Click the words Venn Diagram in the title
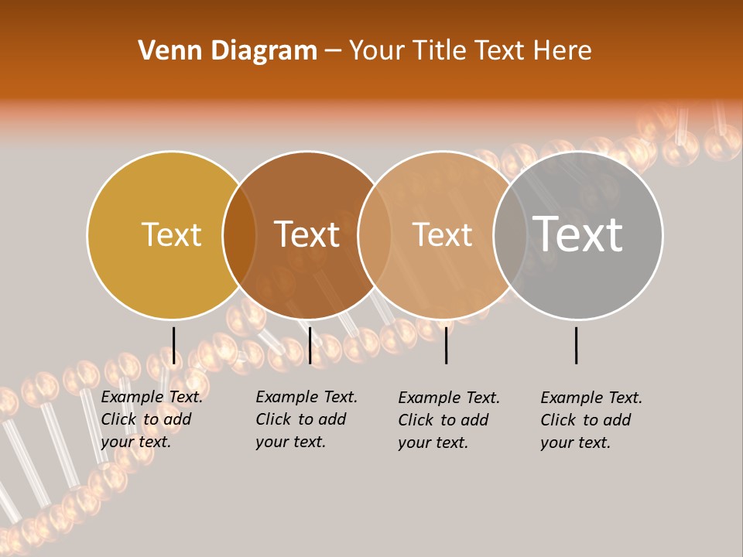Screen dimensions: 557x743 coord(228,51)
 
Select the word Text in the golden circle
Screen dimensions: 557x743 coord(171,234)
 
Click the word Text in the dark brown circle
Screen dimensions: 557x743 coord(307,234)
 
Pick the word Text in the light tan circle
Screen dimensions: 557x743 coord(442,234)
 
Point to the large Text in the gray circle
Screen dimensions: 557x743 coord(578,234)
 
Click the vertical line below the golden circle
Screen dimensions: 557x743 coord(174,345)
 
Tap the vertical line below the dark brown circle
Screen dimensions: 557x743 coord(310,345)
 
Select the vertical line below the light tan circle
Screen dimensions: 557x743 coord(447,345)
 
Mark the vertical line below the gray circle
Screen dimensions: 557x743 coord(577,345)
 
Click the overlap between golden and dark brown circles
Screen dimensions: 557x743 coord(239,234)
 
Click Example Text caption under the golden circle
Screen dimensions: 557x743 coord(152,397)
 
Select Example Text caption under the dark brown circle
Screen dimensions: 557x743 coord(306,397)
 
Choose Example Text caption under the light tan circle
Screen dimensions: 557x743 coord(449,398)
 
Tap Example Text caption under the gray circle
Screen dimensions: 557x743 coord(591,398)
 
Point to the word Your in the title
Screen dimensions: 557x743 coord(377,51)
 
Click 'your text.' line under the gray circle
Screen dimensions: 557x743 coord(575,443)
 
